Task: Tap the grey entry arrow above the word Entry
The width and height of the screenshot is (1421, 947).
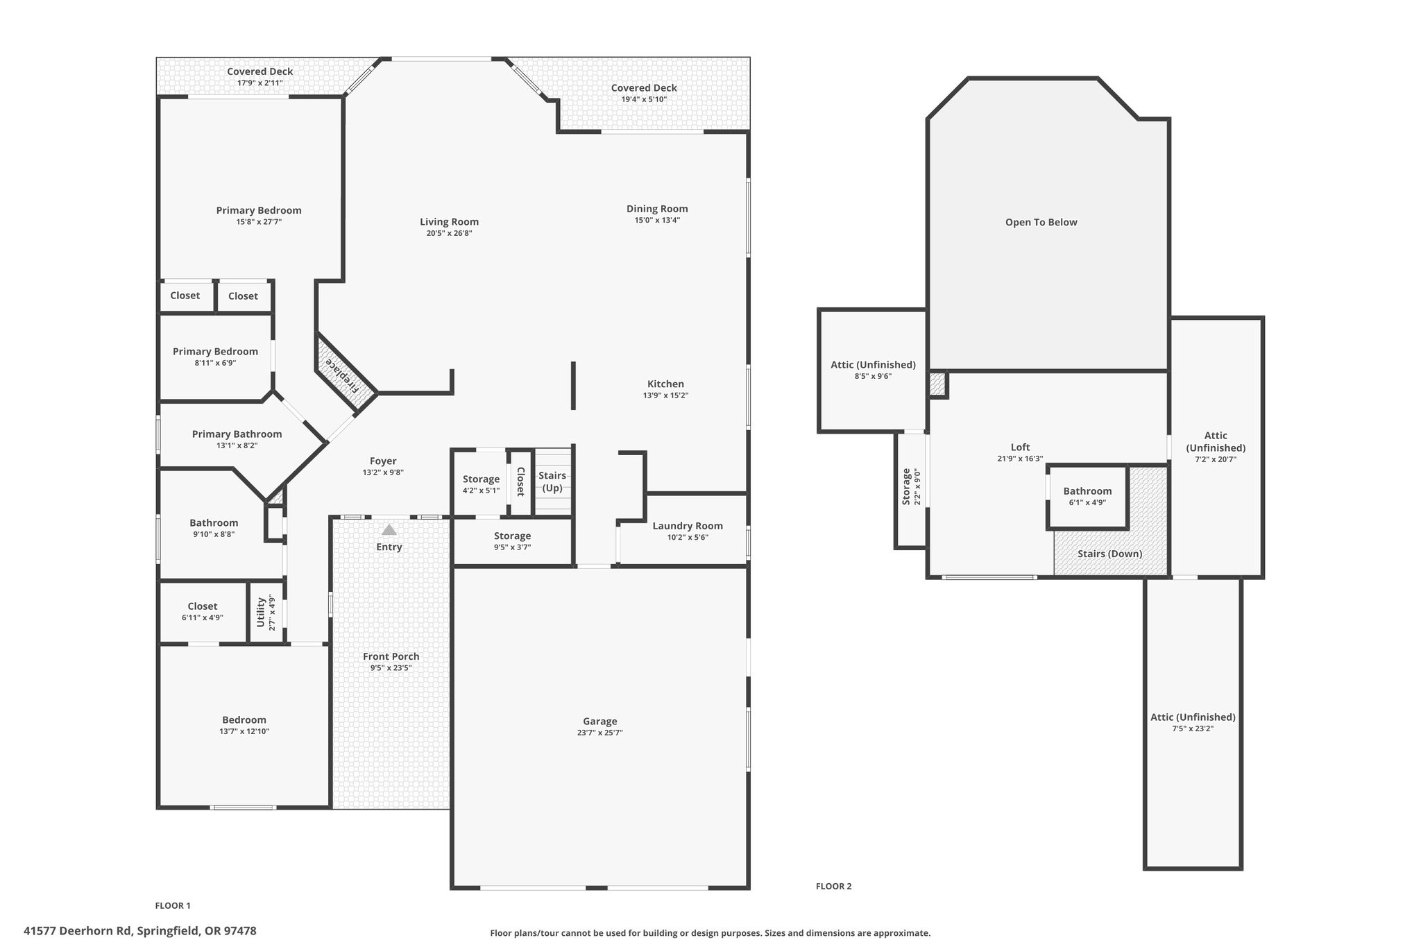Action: pyautogui.click(x=389, y=529)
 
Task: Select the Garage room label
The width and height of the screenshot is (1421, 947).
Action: pyautogui.click(x=600, y=721)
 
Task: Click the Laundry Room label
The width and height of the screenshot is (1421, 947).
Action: pyautogui.click(x=688, y=526)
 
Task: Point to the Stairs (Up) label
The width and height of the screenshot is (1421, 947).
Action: pyautogui.click(x=552, y=481)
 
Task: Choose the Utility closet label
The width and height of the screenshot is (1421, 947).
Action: pyautogui.click(x=261, y=611)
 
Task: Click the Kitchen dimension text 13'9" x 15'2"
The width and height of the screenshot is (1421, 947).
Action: pyautogui.click(x=666, y=395)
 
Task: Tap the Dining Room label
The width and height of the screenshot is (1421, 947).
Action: pyautogui.click(x=657, y=208)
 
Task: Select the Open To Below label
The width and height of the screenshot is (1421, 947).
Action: pyautogui.click(x=1041, y=222)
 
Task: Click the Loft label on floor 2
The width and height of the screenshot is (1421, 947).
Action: pyautogui.click(x=1021, y=447)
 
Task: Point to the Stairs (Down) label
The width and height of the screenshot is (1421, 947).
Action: pyautogui.click(x=1110, y=554)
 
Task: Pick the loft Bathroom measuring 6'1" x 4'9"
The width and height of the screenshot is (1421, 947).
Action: pyautogui.click(x=1087, y=496)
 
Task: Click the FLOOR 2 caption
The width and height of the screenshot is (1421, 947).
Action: pyautogui.click(x=833, y=886)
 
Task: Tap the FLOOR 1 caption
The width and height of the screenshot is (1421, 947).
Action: pyautogui.click(x=173, y=905)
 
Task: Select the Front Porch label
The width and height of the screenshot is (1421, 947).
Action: pyautogui.click(x=391, y=656)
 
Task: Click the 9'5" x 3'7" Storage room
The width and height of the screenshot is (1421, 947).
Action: pyautogui.click(x=513, y=541)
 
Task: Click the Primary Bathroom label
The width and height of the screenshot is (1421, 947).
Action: pyautogui.click(x=237, y=434)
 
